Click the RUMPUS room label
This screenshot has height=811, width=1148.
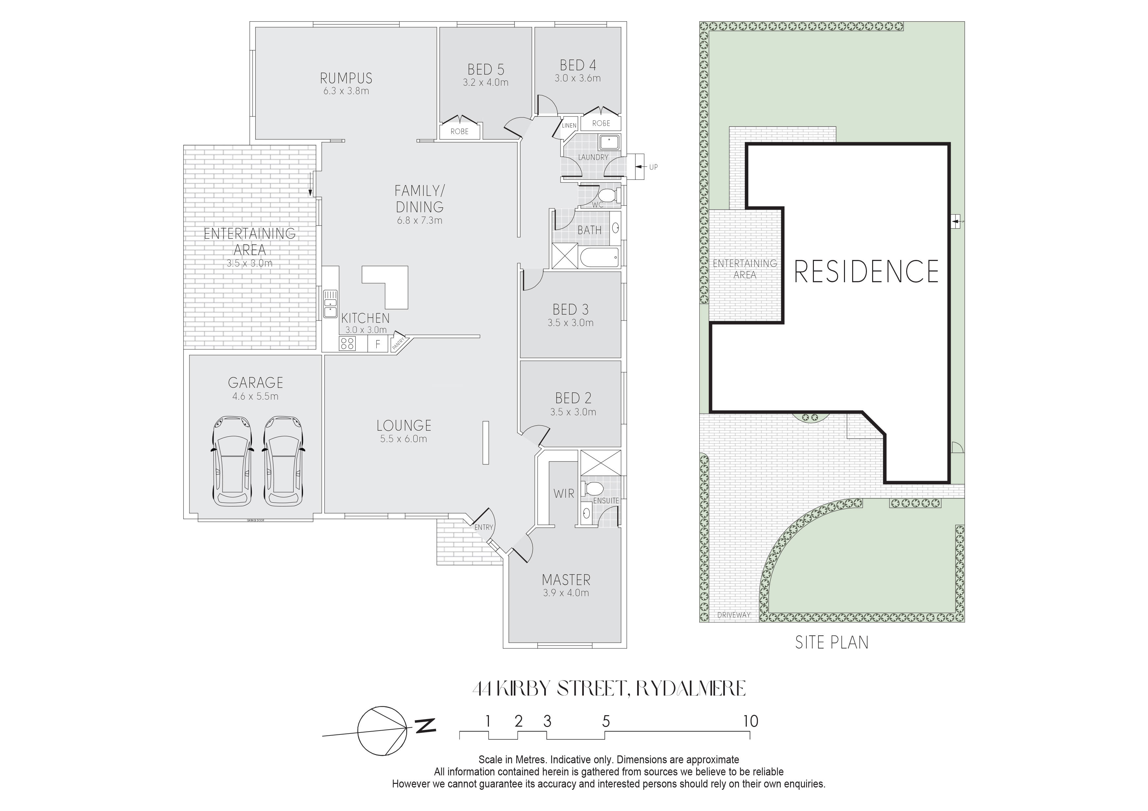(346, 78)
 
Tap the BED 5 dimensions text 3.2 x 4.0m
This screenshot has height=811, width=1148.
(486, 82)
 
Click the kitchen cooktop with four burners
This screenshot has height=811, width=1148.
(348, 343)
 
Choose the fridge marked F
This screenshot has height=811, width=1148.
(378, 344)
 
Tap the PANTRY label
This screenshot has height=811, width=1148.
(399, 343)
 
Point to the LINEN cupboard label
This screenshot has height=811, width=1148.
(569, 126)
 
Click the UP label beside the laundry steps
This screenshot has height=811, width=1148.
(654, 167)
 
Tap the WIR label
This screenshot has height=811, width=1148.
(564, 494)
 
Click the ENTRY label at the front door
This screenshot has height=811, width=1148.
(483, 527)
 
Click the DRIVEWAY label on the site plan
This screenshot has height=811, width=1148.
(733, 615)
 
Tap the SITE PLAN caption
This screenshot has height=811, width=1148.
(832, 643)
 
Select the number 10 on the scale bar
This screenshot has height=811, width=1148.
(750, 721)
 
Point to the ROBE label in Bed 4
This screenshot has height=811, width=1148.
(601, 123)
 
